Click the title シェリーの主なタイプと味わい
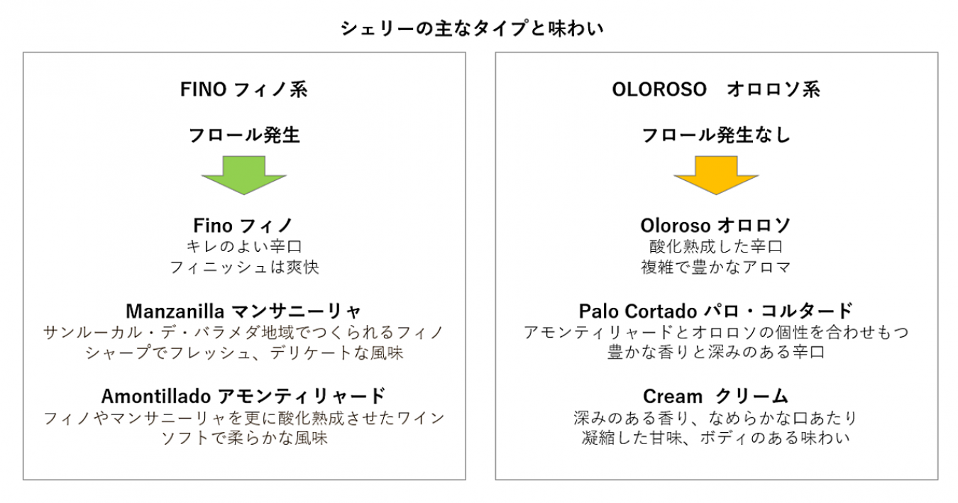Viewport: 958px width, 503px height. coord(472,28)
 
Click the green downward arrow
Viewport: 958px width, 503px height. coord(244,175)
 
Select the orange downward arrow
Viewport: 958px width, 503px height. coord(716,175)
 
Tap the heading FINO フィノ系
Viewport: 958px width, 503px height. coord(244,89)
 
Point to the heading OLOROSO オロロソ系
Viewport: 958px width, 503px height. coord(716,89)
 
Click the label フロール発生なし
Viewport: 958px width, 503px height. coord(716,136)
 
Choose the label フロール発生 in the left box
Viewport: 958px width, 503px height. coord(244,136)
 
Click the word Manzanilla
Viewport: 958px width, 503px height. coord(175,311)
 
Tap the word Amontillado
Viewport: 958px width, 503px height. coord(156,397)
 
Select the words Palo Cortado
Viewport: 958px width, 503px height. coord(638,311)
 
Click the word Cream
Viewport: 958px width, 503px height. coord(673,397)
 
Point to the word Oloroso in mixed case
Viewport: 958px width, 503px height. coord(676,226)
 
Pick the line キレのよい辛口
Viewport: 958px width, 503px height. coord(244,246)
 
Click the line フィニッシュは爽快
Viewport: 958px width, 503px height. coord(244,267)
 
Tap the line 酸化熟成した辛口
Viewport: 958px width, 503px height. coord(716,246)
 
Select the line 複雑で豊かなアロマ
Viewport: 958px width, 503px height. coord(716,267)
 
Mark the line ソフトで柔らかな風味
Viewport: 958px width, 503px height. coord(244,438)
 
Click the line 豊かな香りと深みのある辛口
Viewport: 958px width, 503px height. coord(716,353)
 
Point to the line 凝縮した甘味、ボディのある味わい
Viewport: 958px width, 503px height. coord(716,438)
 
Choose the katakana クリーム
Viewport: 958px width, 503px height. coord(751,397)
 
